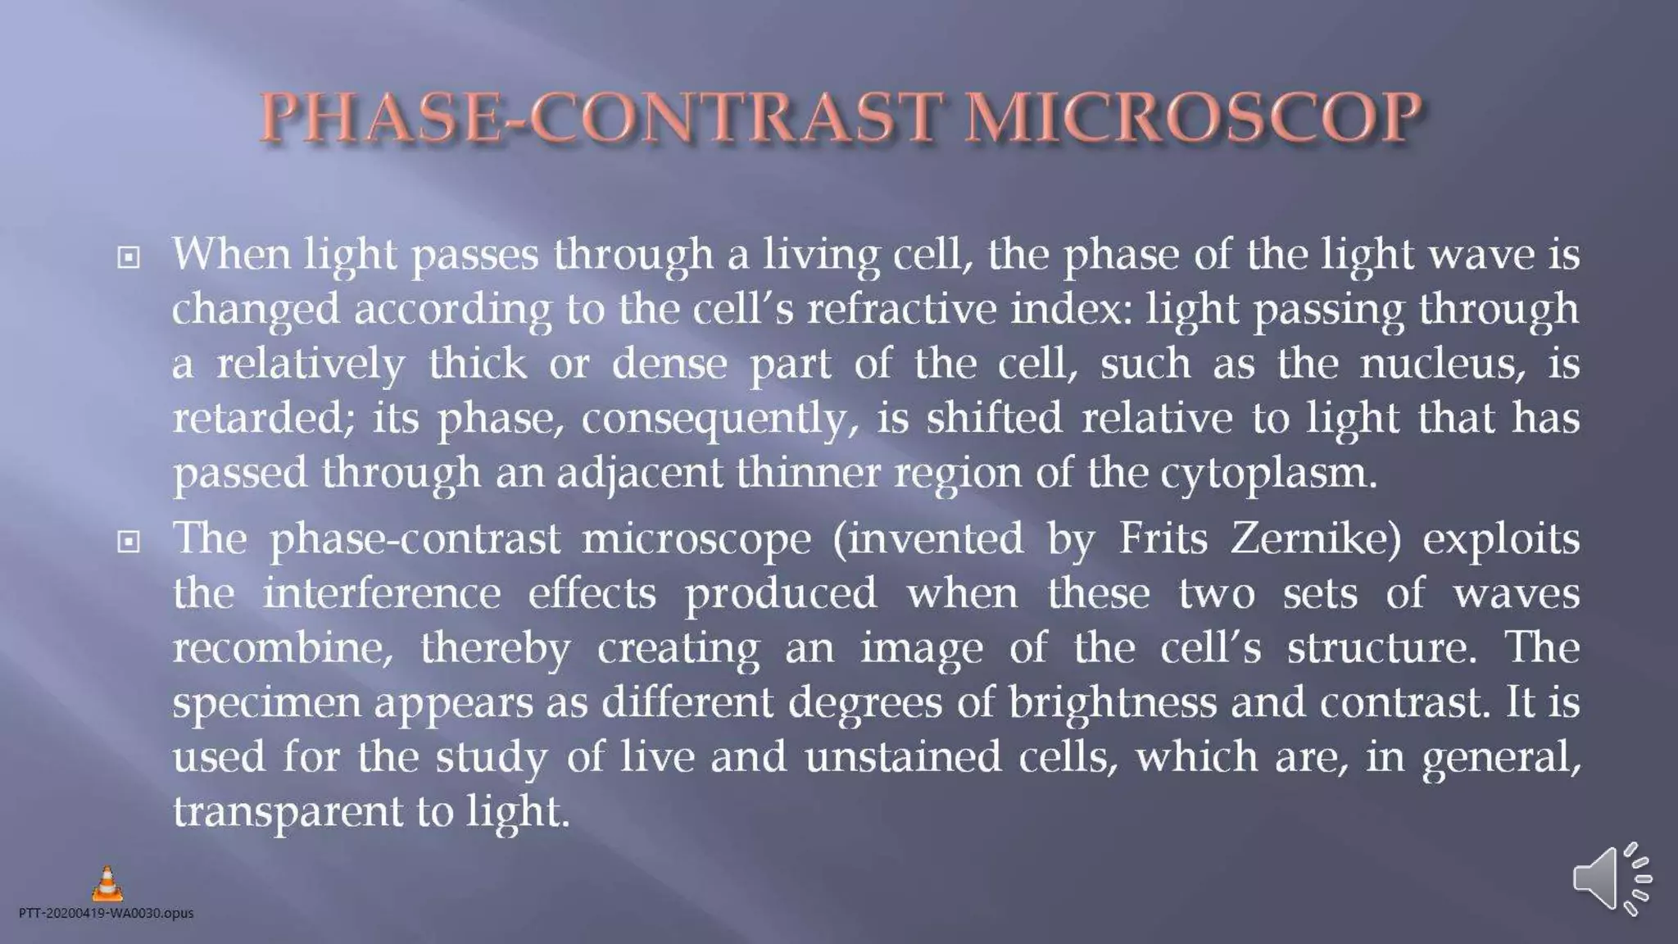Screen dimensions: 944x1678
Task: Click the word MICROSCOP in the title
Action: [1192, 116]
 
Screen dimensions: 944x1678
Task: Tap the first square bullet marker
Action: [129, 258]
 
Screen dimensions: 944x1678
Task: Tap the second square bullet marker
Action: [129, 542]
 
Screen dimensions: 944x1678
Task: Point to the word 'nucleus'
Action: [1442, 363]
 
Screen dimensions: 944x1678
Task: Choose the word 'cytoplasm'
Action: [1268, 474]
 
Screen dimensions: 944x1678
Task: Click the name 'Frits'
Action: [1163, 539]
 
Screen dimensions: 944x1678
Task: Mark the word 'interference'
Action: [381, 593]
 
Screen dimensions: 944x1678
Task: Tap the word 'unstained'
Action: [903, 756]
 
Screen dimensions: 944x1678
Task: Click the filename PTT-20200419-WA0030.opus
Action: [107, 913]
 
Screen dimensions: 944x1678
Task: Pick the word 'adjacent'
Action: [639, 474]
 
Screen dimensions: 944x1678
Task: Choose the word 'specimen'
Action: [266, 703]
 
